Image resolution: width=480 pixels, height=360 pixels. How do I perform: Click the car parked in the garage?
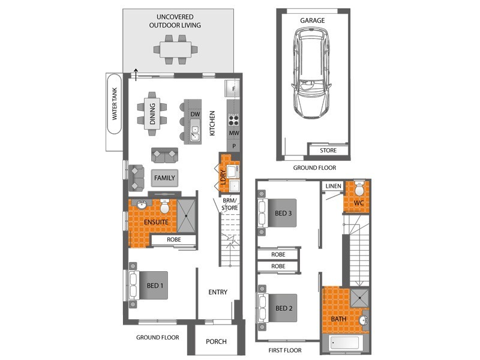[x=311, y=73]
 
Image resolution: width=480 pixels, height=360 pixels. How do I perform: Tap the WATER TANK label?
[x=115, y=104]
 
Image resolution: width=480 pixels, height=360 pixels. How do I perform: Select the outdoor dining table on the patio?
[x=175, y=50]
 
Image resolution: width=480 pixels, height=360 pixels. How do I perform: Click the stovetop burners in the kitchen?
[x=233, y=119]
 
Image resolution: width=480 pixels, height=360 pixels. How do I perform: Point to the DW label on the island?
[x=195, y=114]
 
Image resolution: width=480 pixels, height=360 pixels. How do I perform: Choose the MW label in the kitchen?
[x=234, y=133]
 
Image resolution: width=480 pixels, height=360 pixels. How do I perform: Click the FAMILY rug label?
[x=164, y=178]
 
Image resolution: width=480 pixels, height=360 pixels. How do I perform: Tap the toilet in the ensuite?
[x=164, y=206]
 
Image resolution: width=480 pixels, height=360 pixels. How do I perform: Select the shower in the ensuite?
[x=187, y=215]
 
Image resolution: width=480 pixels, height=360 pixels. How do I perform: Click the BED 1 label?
[x=155, y=286]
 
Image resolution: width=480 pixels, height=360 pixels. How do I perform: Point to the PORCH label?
[x=216, y=341]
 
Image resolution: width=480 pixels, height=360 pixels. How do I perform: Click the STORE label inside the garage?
[x=328, y=151]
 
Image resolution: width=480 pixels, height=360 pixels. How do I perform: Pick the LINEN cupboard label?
[x=334, y=186]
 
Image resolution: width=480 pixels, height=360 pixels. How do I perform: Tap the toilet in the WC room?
[x=359, y=189]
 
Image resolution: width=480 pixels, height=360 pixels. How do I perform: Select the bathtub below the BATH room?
[x=344, y=343]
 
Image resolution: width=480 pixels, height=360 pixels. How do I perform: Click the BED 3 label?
[x=283, y=214]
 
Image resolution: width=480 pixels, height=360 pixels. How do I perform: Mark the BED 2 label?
[x=284, y=308]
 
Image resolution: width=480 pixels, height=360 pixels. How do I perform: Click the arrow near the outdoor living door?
[x=136, y=74]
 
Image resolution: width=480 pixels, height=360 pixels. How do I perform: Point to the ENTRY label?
[x=218, y=292]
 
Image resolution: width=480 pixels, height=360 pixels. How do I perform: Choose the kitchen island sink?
[x=195, y=130]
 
